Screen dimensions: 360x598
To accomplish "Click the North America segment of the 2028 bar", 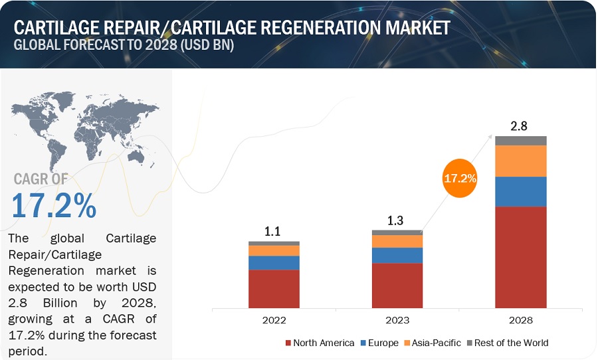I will tap(521, 257).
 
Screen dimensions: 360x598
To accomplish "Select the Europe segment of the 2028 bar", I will tap(521, 191).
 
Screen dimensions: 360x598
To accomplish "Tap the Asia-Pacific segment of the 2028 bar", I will tap(521, 161).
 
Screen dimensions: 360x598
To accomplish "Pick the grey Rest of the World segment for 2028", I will tap(521, 141).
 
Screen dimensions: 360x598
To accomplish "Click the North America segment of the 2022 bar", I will tap(274, 288).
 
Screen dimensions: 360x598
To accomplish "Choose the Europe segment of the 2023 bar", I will tap(397, 255).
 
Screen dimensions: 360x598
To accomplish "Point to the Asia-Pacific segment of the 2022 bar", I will tap(274, 250).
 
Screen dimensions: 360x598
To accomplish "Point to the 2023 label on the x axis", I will tap(397, 319).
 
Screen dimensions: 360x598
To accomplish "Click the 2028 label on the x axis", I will tap(521, 319).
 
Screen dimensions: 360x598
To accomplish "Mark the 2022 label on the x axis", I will tap(274, 319).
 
